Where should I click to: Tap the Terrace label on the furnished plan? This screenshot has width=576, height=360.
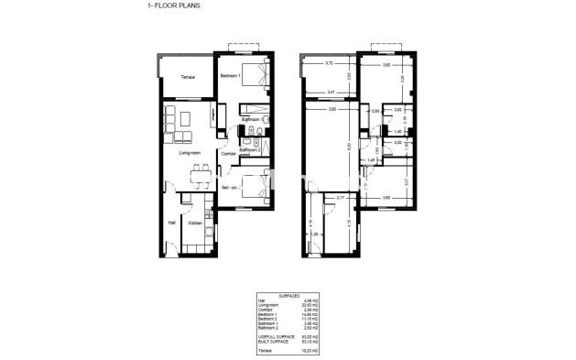(186, 77)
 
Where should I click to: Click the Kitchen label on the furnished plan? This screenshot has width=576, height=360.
(194, 223)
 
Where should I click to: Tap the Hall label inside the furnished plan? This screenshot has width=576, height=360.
(170, 223)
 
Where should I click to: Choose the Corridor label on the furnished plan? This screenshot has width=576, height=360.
(229, 154)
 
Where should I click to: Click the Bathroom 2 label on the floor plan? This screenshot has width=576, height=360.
(252, 149)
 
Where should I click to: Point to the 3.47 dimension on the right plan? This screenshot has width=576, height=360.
(331, 92)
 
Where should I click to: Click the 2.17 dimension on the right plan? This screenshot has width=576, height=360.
(340, 198)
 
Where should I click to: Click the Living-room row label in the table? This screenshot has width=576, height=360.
(267, 305)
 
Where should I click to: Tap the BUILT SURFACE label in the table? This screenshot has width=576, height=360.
(272, 342)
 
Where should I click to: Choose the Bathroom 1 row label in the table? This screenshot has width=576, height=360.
(266, 323)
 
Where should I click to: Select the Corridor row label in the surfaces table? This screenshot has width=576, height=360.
(265, 310)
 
